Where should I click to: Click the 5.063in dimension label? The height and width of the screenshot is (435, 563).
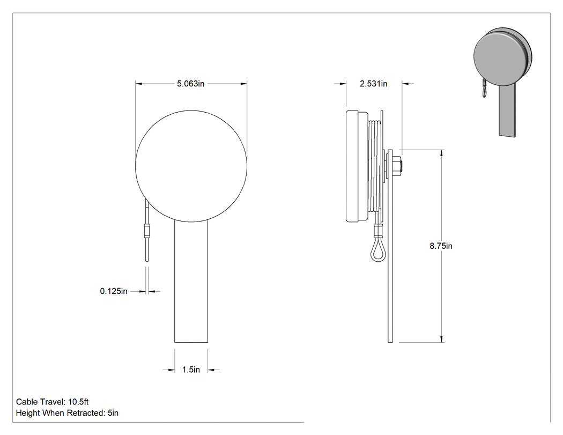click(191, 84)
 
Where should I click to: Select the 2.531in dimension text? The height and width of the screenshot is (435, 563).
click(373, 84)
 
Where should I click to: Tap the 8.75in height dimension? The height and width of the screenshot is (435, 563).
click(441, 246)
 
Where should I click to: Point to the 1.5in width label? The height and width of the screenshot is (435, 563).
click(191, 370)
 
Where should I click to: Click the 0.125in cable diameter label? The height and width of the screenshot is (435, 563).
click(114, 291)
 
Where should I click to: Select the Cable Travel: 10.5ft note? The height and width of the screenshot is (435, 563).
click(53, 402)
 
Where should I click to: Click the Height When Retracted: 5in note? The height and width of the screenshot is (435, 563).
click(67, 413)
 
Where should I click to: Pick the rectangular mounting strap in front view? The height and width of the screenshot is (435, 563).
click(191, 282)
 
